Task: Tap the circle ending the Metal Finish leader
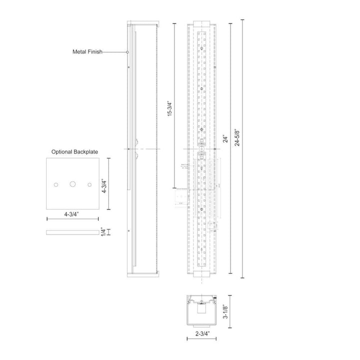click(128, 51)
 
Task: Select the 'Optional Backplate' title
click(74, 151)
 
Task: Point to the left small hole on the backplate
click(56, 184)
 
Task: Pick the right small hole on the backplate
click(90, 184)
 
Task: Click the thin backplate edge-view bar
click(73, 232)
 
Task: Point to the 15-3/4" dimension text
click(170, 106)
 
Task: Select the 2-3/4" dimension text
click(201, 333)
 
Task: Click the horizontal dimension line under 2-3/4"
click(201, 339)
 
